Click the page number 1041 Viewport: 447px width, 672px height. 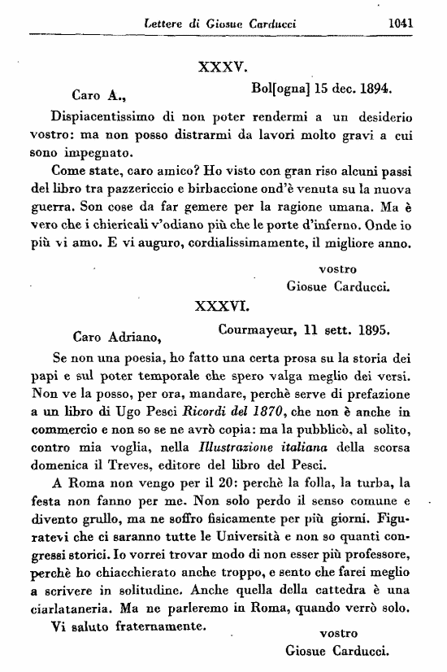click(401, 23)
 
